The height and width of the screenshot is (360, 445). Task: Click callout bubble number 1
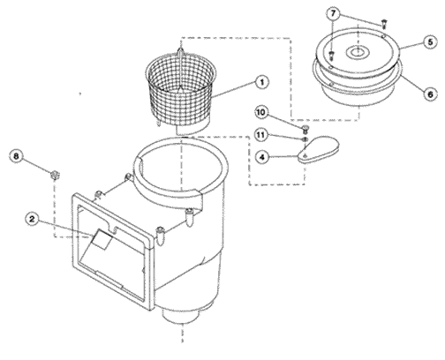pos(262,82)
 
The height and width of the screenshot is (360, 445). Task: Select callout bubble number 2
pos(32,219)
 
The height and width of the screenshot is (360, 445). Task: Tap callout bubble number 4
pos(262,157)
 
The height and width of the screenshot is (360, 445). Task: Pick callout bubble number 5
pos(431,42)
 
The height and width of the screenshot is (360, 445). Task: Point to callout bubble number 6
pos(431,94)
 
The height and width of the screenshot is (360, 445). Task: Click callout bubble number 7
pos(333,13)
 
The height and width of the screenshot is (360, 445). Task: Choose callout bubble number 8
pos(16,156)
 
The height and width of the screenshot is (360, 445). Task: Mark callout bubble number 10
pos(261,113)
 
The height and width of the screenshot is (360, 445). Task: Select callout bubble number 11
pos(261,135)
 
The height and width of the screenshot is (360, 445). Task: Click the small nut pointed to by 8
pos(55,176)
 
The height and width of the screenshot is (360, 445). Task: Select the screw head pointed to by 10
pos(305,128)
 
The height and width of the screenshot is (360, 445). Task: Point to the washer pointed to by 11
pos(305,139)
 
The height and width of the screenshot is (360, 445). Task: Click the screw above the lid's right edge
pos(384,23)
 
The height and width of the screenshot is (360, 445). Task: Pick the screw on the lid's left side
pos(331,55)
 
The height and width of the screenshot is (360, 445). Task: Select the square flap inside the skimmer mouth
pos(101,240)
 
